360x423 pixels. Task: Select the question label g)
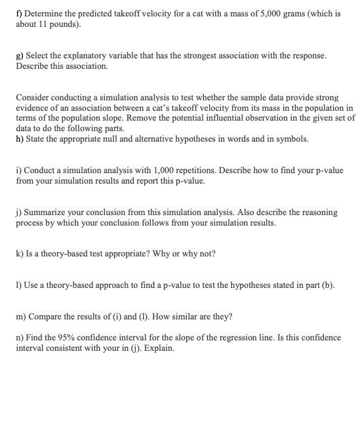pos(20,57)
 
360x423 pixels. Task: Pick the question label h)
pos(20,139)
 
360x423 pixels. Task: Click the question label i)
pos(19,171)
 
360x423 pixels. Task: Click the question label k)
pos(20,253)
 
